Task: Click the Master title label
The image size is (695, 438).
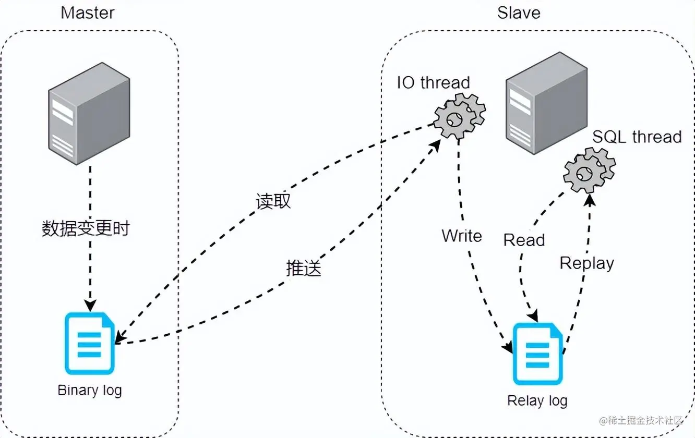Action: pos(88,13)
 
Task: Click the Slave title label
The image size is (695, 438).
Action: pos(519,13)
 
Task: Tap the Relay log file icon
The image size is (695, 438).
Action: pos(538,355)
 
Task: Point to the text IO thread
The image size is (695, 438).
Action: pos(434,82)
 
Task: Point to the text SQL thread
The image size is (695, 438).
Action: pos(637,137)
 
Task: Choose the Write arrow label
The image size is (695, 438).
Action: pos(462,236)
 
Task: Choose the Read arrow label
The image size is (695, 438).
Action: pos(524,240)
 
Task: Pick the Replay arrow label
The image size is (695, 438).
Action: pos(586,263)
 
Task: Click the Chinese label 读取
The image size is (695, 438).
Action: pos(273,202)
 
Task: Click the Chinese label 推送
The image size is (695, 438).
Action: pos(303,268)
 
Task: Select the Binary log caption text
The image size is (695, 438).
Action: pos(90,390)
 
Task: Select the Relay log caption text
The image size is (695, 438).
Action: pos(537,400)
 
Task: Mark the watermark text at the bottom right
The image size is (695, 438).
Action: pos(641,420)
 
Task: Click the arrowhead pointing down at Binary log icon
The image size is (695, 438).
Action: pos(90,306)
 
